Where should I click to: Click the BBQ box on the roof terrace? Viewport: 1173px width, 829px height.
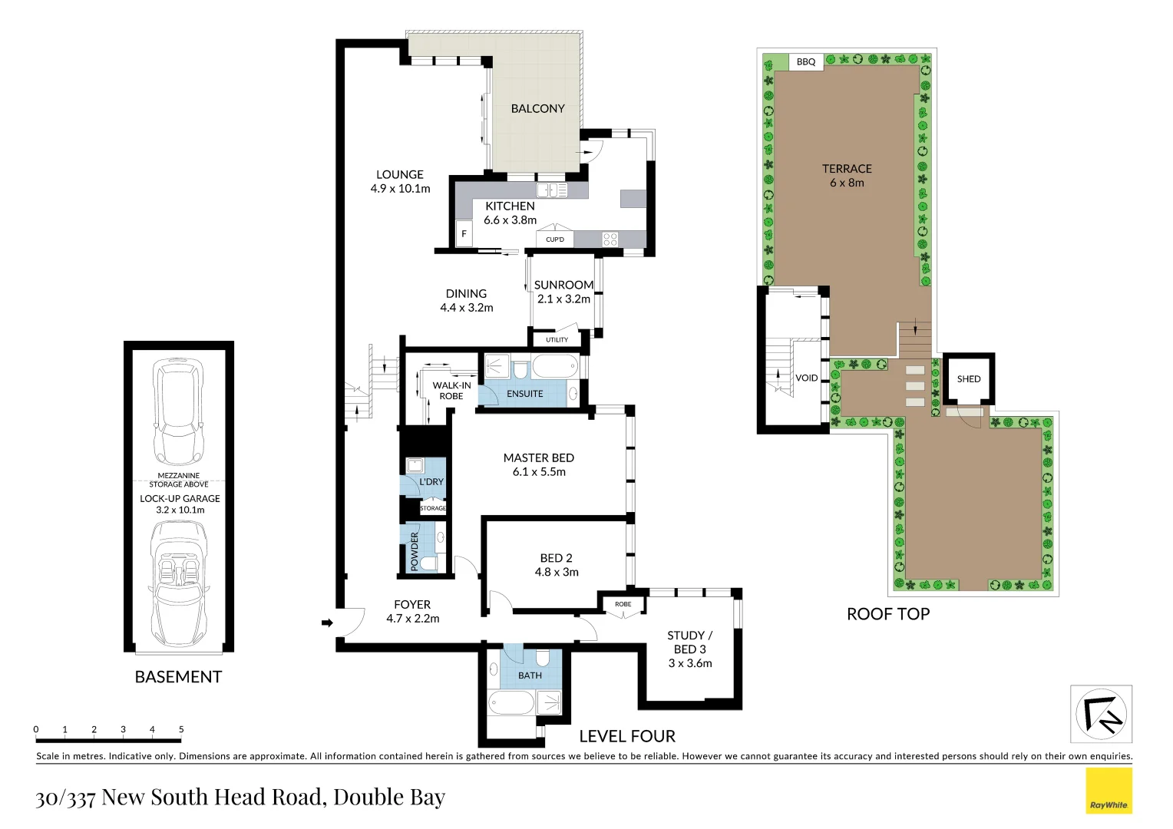tap(806, 62)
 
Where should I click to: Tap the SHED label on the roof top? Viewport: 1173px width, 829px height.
tap(968, 379)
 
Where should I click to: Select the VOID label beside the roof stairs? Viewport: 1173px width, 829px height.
tap(806, 378)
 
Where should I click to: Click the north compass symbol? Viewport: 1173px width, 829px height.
tap(1101, 714)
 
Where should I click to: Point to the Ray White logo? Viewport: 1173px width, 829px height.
tap(1109, 791)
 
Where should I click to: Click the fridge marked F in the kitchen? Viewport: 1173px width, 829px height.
tap(464, 234)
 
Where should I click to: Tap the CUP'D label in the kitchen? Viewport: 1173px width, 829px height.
tap(554, 239)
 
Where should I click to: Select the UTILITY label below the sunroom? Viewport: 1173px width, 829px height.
tap(557, 339)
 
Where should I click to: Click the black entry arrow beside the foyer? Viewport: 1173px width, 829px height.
tap(327, 623)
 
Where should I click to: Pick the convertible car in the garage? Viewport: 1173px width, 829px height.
tap(178, 583)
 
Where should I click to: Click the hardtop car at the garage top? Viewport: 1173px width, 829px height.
tap(178, 411)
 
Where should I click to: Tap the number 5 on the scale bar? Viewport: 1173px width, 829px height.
tap(181, 729)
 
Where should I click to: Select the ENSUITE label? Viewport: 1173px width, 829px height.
tap(525, 394)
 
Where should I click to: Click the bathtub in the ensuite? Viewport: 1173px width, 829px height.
tap(554, 367)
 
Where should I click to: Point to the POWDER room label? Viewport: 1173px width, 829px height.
tap(415, 551)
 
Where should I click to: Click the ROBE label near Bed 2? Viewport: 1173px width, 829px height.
tap(623, 604)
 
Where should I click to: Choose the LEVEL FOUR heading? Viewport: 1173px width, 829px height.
tap(627, 736)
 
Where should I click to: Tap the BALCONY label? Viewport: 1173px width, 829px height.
tap(537, 109)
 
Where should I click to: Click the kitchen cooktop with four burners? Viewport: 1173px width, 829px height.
tap(610, 239)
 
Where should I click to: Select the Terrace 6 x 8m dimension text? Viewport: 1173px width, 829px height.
tap(847, 183)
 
